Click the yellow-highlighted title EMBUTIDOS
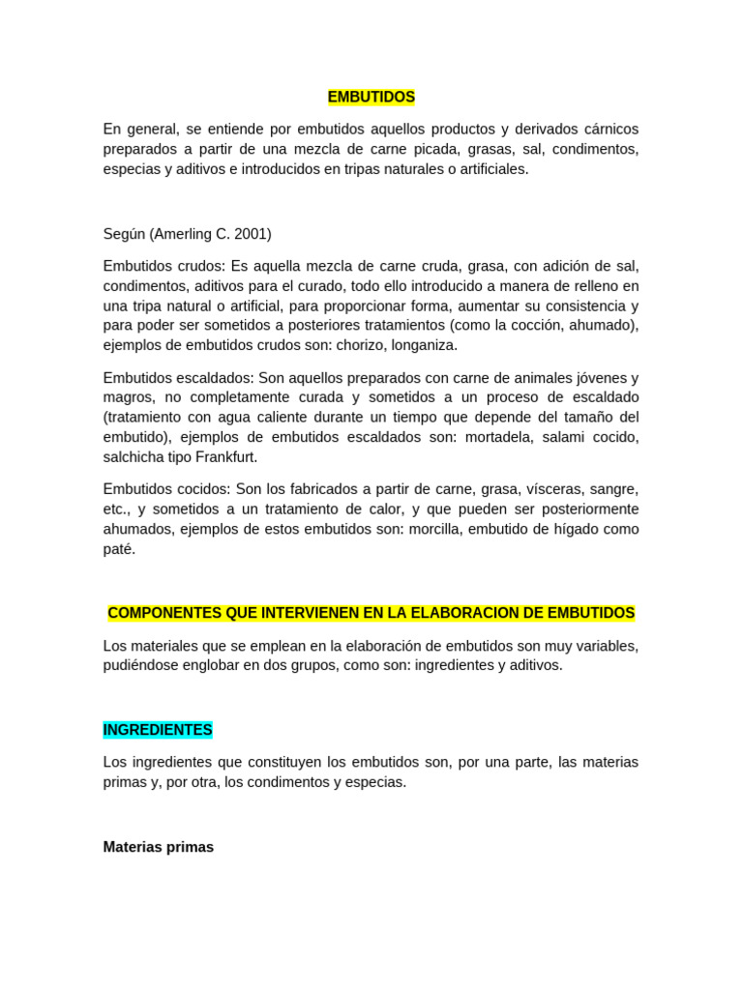point(371,97)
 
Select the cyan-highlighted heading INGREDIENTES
point(158,730)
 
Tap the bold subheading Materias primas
point(158,847)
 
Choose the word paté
point(120,549)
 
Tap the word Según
point(124,234)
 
